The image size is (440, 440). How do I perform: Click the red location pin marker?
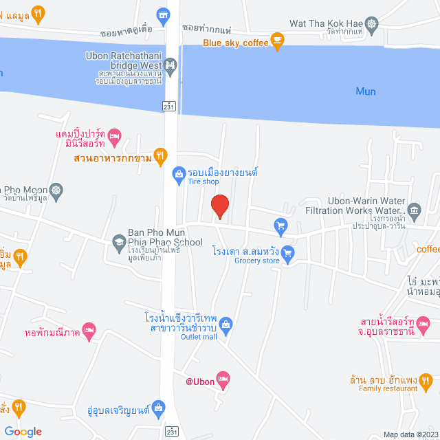coord(219,206)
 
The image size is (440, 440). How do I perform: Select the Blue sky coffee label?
coord(235,43)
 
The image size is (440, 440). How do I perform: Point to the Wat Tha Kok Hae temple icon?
coord(372,24)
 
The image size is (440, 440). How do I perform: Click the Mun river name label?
coord(366,91)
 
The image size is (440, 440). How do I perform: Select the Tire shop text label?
coord(203,182)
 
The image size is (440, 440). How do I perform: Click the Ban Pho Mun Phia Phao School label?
coord(165,237)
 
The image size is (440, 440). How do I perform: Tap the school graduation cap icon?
coord(119,241)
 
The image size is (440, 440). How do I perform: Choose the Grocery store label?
coord(257,261)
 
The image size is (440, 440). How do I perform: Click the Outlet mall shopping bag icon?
coord(228,324)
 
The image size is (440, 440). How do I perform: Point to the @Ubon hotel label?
coord(200,382)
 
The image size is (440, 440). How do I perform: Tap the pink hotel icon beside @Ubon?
coord(223,377)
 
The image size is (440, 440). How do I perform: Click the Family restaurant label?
coord(388,388)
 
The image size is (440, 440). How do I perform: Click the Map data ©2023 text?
coord(409,434)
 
